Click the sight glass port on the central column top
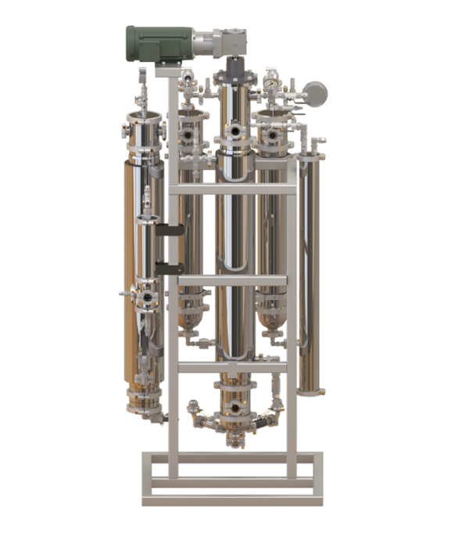(x=232, y=131)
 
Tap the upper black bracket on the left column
(x=170, y=229)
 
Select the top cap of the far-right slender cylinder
(x=312, y=142)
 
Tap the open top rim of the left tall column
(x=144, y=116)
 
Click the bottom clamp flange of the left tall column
(x=144, y=405)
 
